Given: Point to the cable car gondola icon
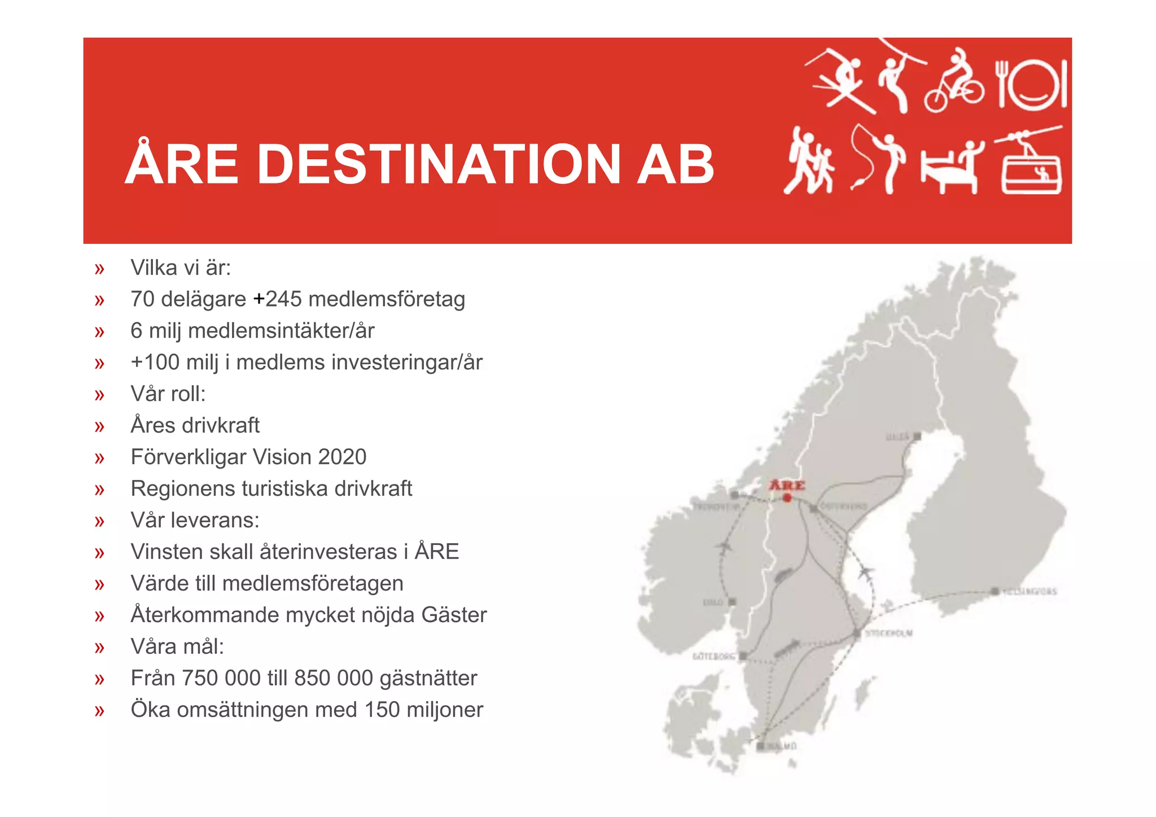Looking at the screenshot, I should (x=1031, y=164).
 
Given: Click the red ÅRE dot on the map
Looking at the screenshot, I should (x=787, y=497).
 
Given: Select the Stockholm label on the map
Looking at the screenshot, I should (x=889, y=633).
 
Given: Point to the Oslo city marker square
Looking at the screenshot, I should (x=732, y=602).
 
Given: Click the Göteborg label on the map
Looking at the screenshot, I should (x=713, y=656).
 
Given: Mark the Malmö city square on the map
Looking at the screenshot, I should (x=760, y=746).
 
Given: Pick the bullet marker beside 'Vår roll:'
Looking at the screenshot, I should (x=100, y=395).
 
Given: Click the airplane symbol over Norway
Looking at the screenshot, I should (x=723, y=547).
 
